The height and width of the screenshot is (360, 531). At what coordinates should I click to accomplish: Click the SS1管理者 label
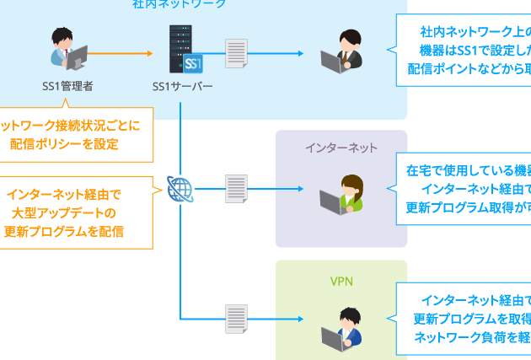click(x=67, y=86)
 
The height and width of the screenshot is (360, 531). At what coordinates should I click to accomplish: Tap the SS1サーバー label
click(x=183, y=86)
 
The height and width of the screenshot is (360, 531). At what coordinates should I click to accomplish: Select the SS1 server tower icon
click(x=185, y=50)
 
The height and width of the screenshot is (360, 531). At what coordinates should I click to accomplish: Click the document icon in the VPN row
click(x=237, y=319)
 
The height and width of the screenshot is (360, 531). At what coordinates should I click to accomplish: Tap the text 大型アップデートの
click(x=64, y=212)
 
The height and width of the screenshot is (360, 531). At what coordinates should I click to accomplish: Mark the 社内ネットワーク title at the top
click(x=179, y=4)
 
